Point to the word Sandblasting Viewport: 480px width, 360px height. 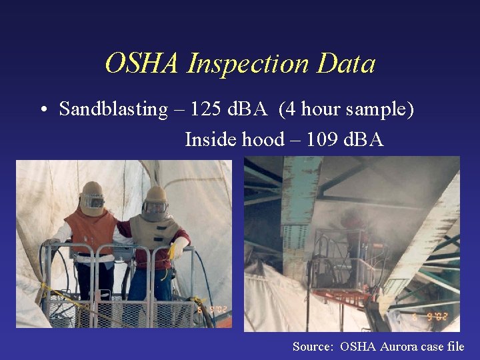pyautogui.click(x=113, y=109)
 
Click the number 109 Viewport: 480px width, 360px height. pyautogui.click(x=317, y=139)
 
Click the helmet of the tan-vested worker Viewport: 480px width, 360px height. pyautogui.click(x=156, y=201)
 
